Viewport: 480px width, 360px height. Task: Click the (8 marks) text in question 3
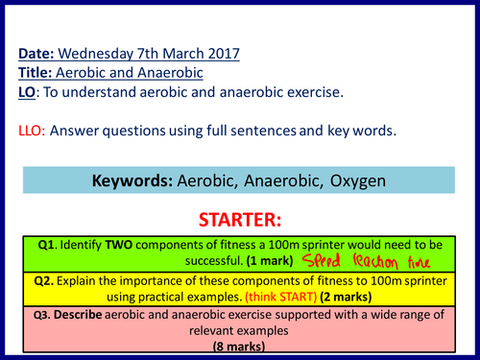pos(239,350)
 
